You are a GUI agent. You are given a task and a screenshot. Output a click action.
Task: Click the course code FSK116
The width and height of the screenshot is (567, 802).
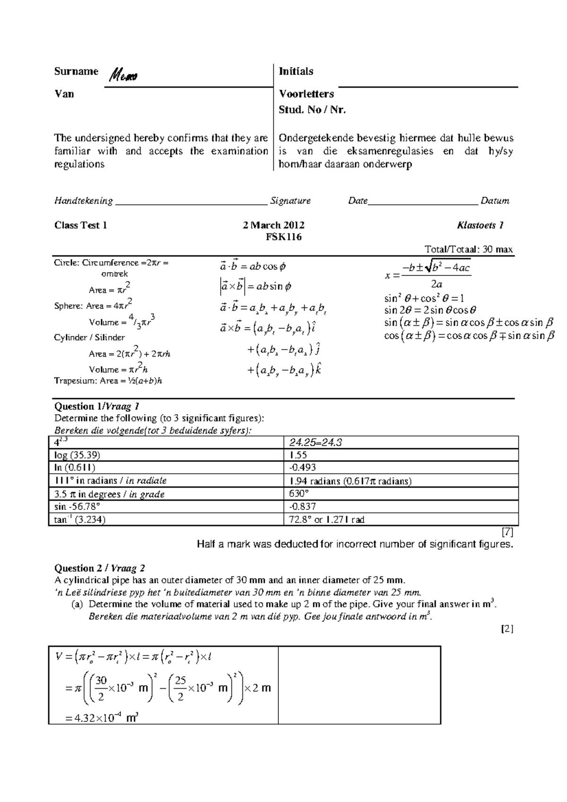[x=283, y=237]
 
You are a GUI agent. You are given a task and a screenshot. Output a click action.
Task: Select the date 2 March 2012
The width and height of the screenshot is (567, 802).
[x=274, y=225]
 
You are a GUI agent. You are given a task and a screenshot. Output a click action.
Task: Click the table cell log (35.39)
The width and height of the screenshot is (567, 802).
[x=77, y=455]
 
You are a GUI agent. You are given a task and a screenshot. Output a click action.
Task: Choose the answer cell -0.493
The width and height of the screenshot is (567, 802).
[x=302, y=468]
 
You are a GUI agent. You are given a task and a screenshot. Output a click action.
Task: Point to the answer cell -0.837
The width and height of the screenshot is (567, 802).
[x=302, y=507]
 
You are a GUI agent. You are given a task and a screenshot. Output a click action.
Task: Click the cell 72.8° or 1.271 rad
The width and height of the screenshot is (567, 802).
[x=326, y=520]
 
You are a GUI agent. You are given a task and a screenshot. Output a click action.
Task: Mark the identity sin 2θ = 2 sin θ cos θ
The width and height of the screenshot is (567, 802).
[x=430, y=310]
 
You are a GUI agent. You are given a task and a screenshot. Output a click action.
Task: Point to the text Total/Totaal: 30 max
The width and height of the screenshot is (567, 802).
[x=469, y=249]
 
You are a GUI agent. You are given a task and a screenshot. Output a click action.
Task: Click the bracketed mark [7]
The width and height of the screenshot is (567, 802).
[x=508, y=532]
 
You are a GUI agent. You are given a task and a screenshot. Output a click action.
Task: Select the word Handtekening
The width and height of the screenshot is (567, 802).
[x=84, y=201]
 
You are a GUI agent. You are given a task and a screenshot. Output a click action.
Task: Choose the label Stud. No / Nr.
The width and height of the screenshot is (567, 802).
[x=312, y=110]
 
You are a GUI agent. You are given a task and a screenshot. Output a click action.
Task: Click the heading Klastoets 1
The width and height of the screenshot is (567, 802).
[x=480, y=225]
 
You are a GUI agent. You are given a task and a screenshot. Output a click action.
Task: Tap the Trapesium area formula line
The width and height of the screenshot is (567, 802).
[x=108, y=381]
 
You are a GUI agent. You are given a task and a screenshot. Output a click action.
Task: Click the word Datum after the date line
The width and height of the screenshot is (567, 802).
[x=495, y=201]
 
